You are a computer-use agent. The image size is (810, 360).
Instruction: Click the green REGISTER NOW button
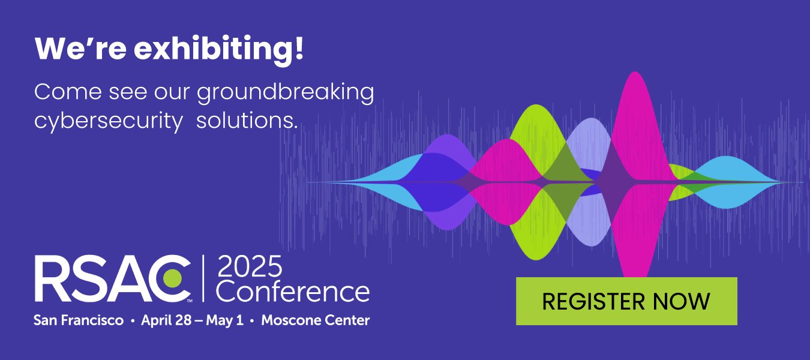coord(626,301)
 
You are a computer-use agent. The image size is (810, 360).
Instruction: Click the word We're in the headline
coord(79,50)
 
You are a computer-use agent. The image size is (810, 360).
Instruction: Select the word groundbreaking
coord(285,94)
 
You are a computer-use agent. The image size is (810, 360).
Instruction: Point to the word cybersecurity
coord(109,120)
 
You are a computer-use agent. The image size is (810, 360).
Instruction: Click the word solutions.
coord(247,120)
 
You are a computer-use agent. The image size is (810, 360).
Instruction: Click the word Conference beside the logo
coord(292,292)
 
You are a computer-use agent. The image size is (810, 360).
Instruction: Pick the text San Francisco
coord(79,320)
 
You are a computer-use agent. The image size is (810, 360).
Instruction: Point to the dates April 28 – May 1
coord(192,320)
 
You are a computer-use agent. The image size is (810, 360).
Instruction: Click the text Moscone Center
coord(316,320)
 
